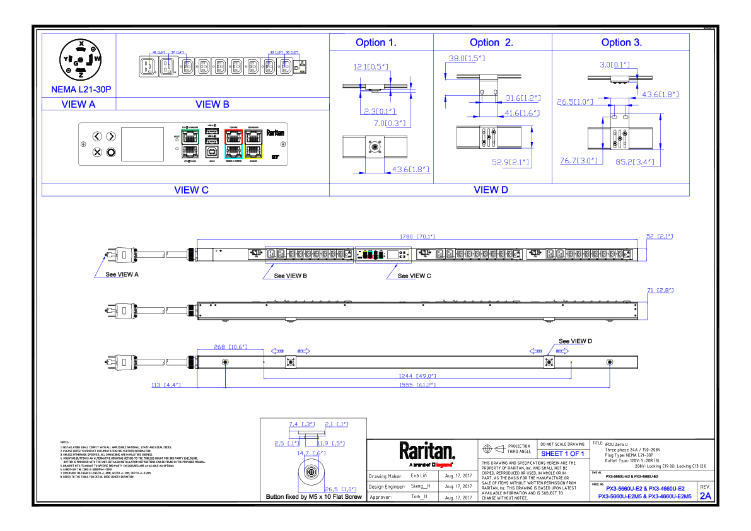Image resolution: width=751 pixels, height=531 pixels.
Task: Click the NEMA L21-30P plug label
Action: click(x=80, y=90)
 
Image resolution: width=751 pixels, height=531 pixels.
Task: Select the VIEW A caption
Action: click(x=79, y=105)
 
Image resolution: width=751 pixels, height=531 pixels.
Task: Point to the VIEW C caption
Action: click(x=191, y=190)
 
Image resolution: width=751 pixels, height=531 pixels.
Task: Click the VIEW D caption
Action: click(x=491, y=190)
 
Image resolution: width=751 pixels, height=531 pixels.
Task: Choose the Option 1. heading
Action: click(x=376, y=43)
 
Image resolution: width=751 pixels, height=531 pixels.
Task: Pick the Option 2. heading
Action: click(x=491, y=43)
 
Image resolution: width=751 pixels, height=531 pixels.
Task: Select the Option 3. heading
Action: click(x=621, y=43)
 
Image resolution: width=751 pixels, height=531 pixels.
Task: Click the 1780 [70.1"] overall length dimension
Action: click(x=418, y=236)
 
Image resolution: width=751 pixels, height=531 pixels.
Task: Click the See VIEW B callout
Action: click(x=291, y=276)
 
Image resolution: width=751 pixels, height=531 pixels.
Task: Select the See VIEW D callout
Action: click(x=575, y=341)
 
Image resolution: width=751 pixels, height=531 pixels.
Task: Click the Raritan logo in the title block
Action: click(x=427, y=452)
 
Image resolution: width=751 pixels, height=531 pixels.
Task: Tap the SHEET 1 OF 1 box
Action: click(x=563, y=453)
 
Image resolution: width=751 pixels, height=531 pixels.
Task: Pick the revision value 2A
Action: click(x=705, y=496)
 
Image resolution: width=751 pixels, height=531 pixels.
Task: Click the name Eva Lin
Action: click(x=419, y=476)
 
